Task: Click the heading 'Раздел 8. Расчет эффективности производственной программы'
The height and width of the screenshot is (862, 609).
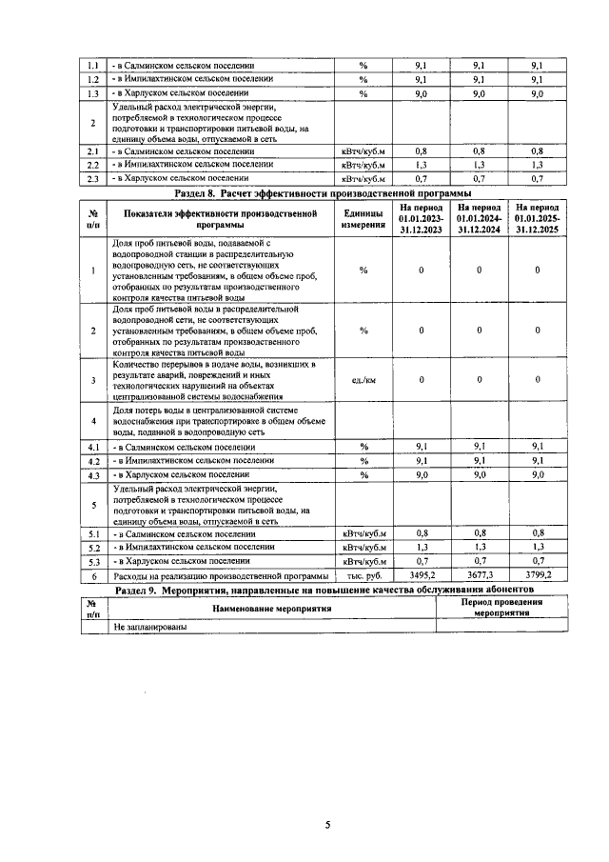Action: point(325,192)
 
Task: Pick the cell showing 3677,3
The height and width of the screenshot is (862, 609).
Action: point(479,576)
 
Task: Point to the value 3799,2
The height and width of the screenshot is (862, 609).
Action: point(538,576)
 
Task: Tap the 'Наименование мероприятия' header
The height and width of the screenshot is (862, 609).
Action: point(271,608)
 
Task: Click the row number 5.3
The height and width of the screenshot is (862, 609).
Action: point(93,562)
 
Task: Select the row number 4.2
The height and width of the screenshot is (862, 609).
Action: point(93,460)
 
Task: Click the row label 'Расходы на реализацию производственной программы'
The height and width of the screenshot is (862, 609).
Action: point(221,576)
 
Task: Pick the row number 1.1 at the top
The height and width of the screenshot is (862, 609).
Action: point(93,65)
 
